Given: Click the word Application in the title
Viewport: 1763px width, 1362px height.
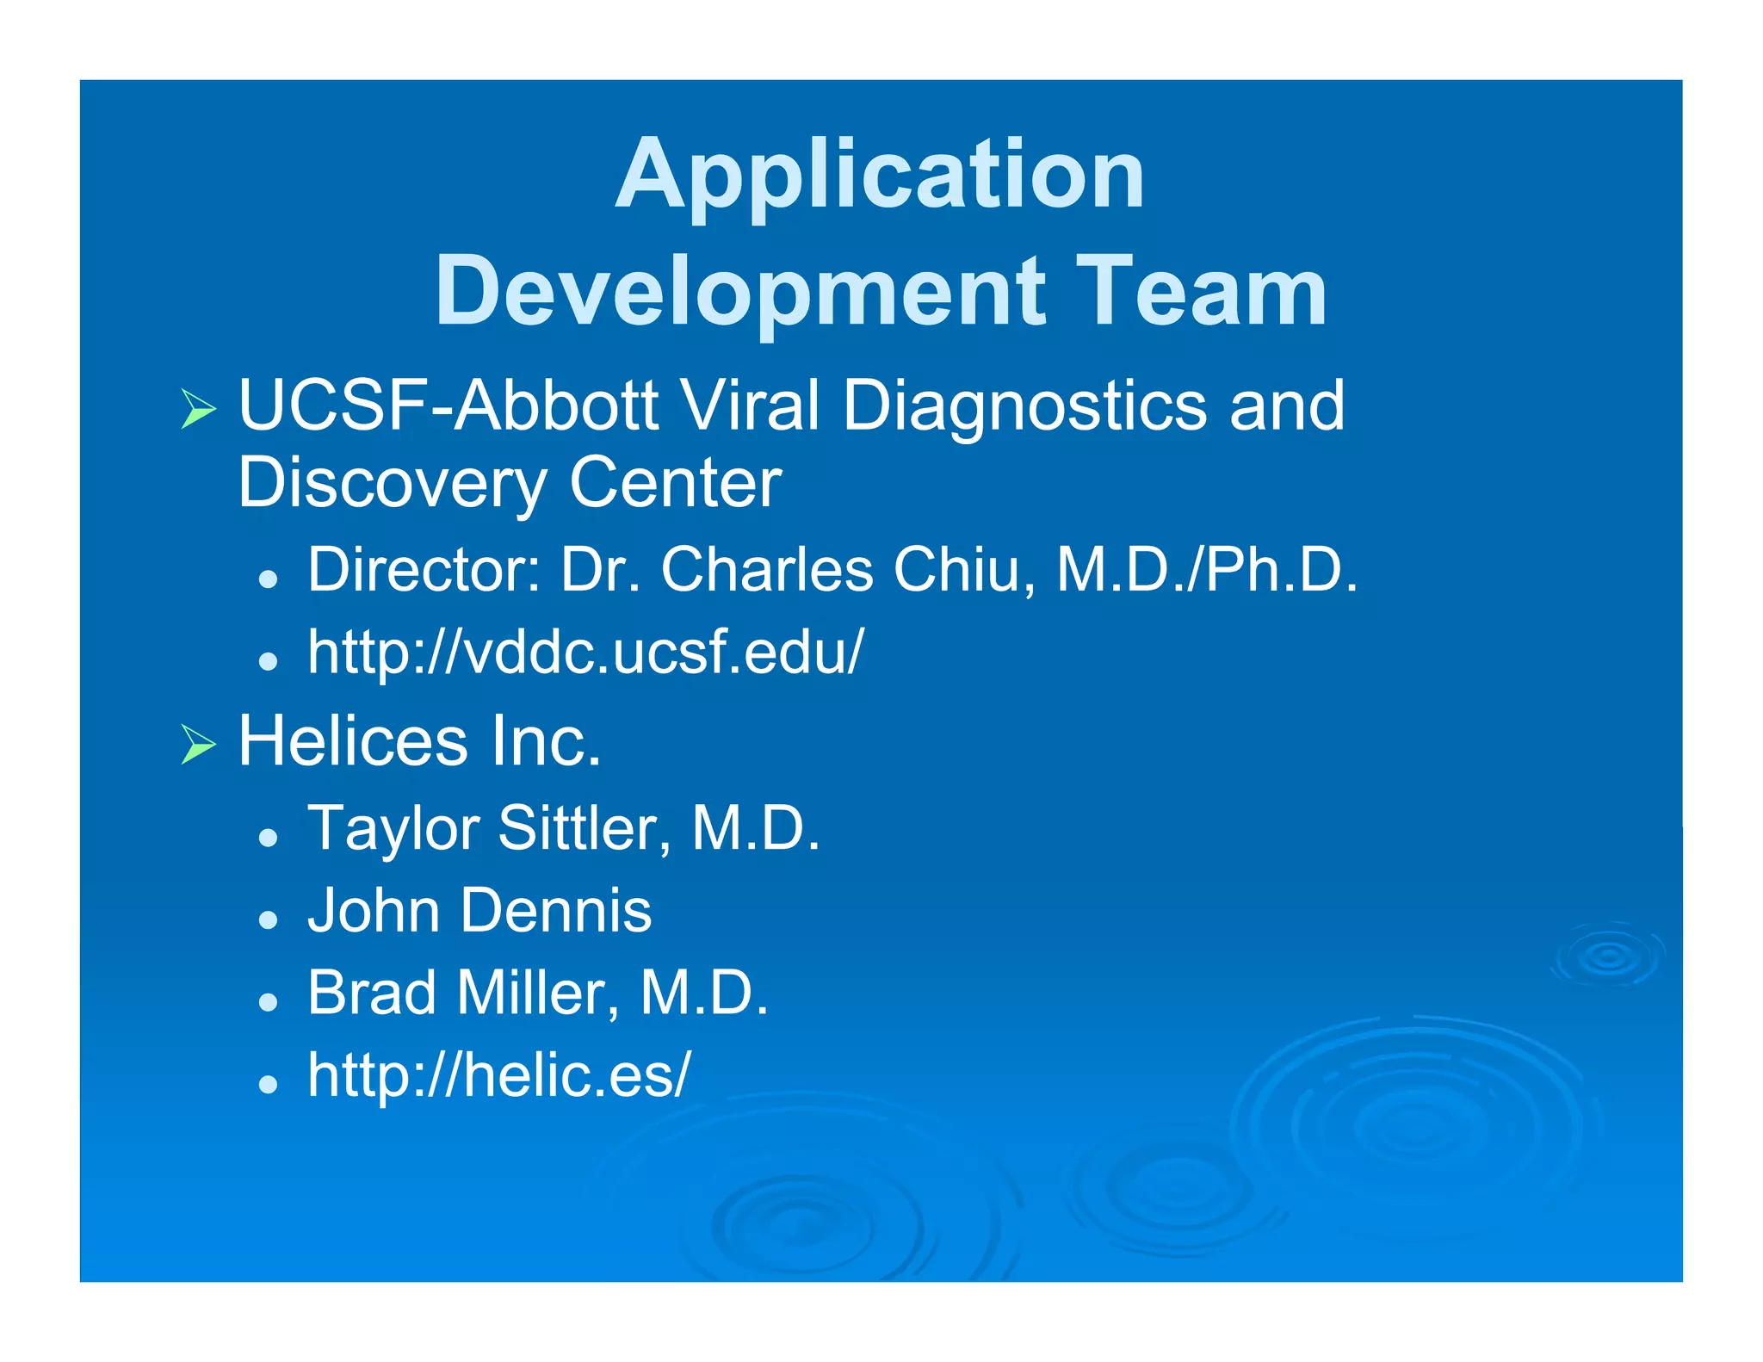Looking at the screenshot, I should coord(880,176).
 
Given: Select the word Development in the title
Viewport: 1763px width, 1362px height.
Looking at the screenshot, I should coord(740,293).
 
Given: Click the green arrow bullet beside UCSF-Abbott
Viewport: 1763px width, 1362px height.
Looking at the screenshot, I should coord(198,408).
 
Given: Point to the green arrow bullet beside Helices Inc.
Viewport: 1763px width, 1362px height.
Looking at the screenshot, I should coord(198,744).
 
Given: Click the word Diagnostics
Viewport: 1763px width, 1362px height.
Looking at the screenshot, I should coord(1024,406).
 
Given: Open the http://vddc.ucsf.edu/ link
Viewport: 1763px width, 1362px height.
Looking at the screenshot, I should coord(585,652).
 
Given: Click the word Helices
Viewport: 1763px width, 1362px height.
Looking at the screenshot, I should coord(353,741).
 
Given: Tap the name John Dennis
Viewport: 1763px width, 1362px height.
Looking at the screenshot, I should coord(479,911).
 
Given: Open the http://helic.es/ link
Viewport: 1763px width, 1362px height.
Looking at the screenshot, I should coord(499,1076).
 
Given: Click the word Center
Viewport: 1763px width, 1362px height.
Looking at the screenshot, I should coord(676,484).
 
